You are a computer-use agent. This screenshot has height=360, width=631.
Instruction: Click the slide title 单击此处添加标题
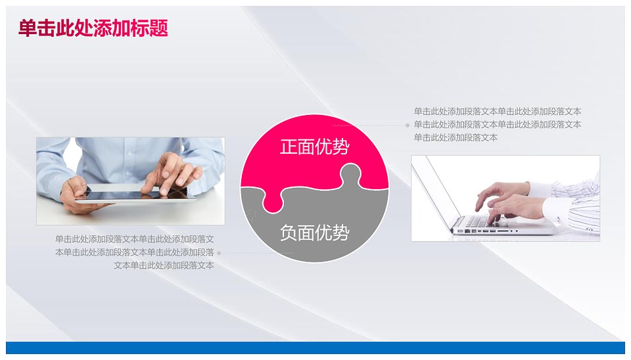coord(93,28)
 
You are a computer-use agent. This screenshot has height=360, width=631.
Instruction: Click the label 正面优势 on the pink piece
coord(314,146)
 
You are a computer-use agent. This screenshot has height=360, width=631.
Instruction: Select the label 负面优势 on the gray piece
coord(314,233)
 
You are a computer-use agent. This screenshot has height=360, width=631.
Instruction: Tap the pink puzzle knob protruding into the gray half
coord(273,202)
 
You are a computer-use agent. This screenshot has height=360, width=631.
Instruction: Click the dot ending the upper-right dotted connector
coord(408,125)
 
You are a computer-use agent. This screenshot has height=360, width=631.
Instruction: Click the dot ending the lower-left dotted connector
coord(219,254)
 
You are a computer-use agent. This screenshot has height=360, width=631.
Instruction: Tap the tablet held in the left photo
coord(137,196)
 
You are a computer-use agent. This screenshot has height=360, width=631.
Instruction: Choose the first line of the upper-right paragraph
coord(498,112)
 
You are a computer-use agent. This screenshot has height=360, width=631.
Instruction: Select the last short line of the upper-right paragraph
coord(456,137)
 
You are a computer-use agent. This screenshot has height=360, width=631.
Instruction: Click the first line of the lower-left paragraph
coord(134,239)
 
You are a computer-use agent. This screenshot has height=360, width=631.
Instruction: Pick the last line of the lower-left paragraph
coord(164,265)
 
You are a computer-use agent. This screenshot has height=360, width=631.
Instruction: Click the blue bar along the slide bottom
coord(315,348)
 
